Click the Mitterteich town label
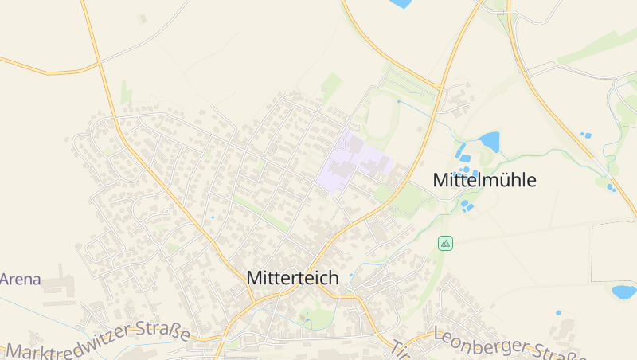tap(292, 278)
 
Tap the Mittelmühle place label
tap(484, 180)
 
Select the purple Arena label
tap(21, 280)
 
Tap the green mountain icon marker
tap(445, 243)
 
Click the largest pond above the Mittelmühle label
tap(489, 142)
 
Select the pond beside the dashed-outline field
tap(623, 292)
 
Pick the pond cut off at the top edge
tap(401, 3)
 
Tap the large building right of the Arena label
tap(64, 284)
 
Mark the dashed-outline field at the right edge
tap(614, 252)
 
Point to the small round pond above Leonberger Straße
tap(558, 312)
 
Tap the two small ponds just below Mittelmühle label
tap(467, 206)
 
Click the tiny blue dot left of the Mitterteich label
tap(213, 217)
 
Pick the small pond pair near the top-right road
tap(586, 135)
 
